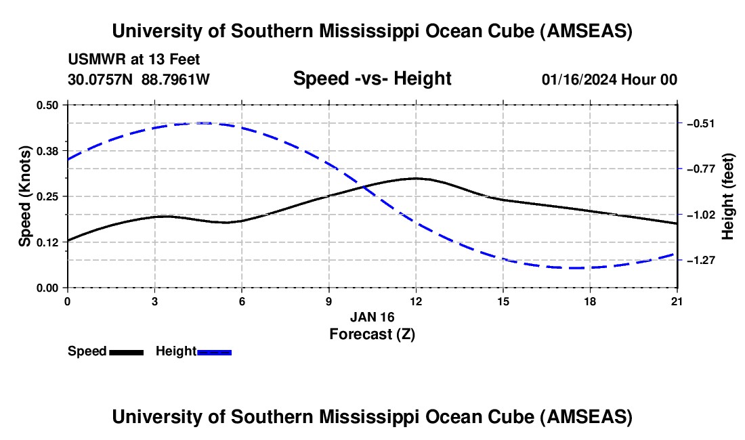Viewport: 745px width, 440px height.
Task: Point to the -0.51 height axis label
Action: pyautogui.click(x=701, y=123)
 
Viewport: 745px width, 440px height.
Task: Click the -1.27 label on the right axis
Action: pyautogui.click(x=701, y=260)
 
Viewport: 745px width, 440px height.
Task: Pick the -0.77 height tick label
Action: pyautogui.click(x=701, y=169)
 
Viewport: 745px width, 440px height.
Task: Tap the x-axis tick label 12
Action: pyautogui.click(x=416, y=301)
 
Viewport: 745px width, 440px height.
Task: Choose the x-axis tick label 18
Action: pyautogui.click(x=590, y=301)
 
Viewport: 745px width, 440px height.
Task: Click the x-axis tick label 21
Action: pyautogui.click(x=677, y=301)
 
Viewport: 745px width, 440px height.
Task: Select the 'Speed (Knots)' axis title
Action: pyautogui.click(x=25, y=196)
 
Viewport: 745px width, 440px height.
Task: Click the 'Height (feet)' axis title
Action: pyautogui.click(x=729, y=196)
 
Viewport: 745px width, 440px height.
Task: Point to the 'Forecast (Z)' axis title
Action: pyautogui.click(x=372, y=334)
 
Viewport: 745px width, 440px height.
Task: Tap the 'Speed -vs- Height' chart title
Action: pyautogui.click(x=372, y=79)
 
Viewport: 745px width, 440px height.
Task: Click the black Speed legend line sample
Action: pyautogui.click(x=126, y=352)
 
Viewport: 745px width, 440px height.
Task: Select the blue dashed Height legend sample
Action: pyautogui.click(x=214, y=352)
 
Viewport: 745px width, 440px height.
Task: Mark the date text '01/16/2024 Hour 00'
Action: pyautogui.click(x=610, y=80)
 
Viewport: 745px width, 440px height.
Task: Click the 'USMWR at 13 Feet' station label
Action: pyautogui.click(x=134, y=60)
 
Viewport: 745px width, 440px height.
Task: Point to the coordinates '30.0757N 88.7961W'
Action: pyautogui.click(x=139, y=80)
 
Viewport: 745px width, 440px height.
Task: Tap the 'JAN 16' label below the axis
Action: pyautogui.click(x=372, y=317)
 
